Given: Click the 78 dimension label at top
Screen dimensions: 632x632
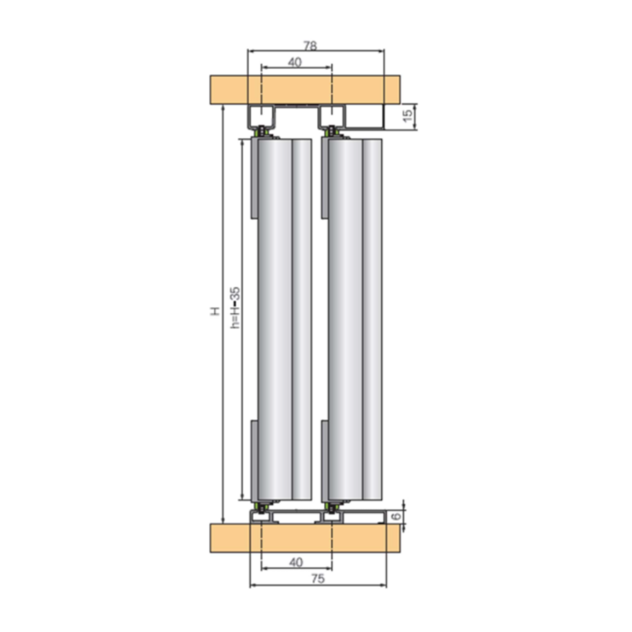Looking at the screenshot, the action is click(310, 46).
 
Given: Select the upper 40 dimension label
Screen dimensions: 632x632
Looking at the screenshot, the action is click(295, 62).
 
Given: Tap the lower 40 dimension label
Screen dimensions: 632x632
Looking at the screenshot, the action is click(296, 562).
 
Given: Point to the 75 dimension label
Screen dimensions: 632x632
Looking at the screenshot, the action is click(318, 579).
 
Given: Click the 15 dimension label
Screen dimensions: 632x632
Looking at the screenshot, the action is click(407, 115).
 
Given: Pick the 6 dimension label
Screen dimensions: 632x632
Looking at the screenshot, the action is click(397, 516).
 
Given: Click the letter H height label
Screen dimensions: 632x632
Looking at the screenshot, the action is click(215, 311).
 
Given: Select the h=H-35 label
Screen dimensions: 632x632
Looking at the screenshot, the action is click(235, 308).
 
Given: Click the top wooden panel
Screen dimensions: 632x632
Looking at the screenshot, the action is click(305, 90).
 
